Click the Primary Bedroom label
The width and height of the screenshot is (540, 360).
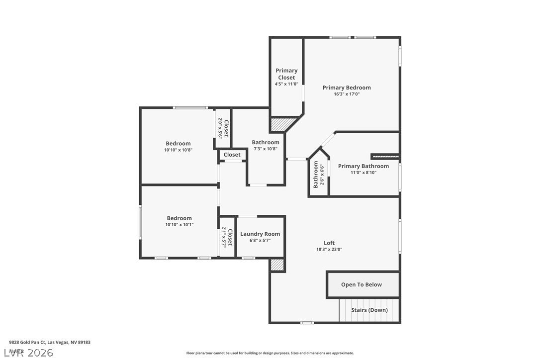coord(347,88)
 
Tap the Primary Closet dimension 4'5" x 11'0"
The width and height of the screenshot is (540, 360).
coord(286,84)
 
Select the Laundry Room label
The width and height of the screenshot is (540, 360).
coord(260,234)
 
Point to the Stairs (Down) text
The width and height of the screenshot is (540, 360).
coord(369,310)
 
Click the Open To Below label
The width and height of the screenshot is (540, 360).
coord(361,284)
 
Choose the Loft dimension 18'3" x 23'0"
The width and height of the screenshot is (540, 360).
coord(329,250)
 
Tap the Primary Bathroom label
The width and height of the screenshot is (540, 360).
coord(363,166)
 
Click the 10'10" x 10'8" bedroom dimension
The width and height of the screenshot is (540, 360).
coord(178,150)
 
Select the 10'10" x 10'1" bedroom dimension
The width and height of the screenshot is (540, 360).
coord(179,224)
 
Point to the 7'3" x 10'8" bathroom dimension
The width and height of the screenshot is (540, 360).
coord(266,148)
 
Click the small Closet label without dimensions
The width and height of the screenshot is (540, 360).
coord(232,155)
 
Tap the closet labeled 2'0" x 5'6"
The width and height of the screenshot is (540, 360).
coord(223,128)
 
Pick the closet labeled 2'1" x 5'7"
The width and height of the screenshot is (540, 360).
coord(227,237)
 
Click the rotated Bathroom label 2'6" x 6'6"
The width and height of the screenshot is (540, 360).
coord(318,176)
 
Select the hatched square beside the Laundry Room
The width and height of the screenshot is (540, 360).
coord(277,265)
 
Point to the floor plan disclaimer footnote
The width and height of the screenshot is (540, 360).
coord(270,353)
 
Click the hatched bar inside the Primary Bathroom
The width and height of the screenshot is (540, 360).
coord(385,157)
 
